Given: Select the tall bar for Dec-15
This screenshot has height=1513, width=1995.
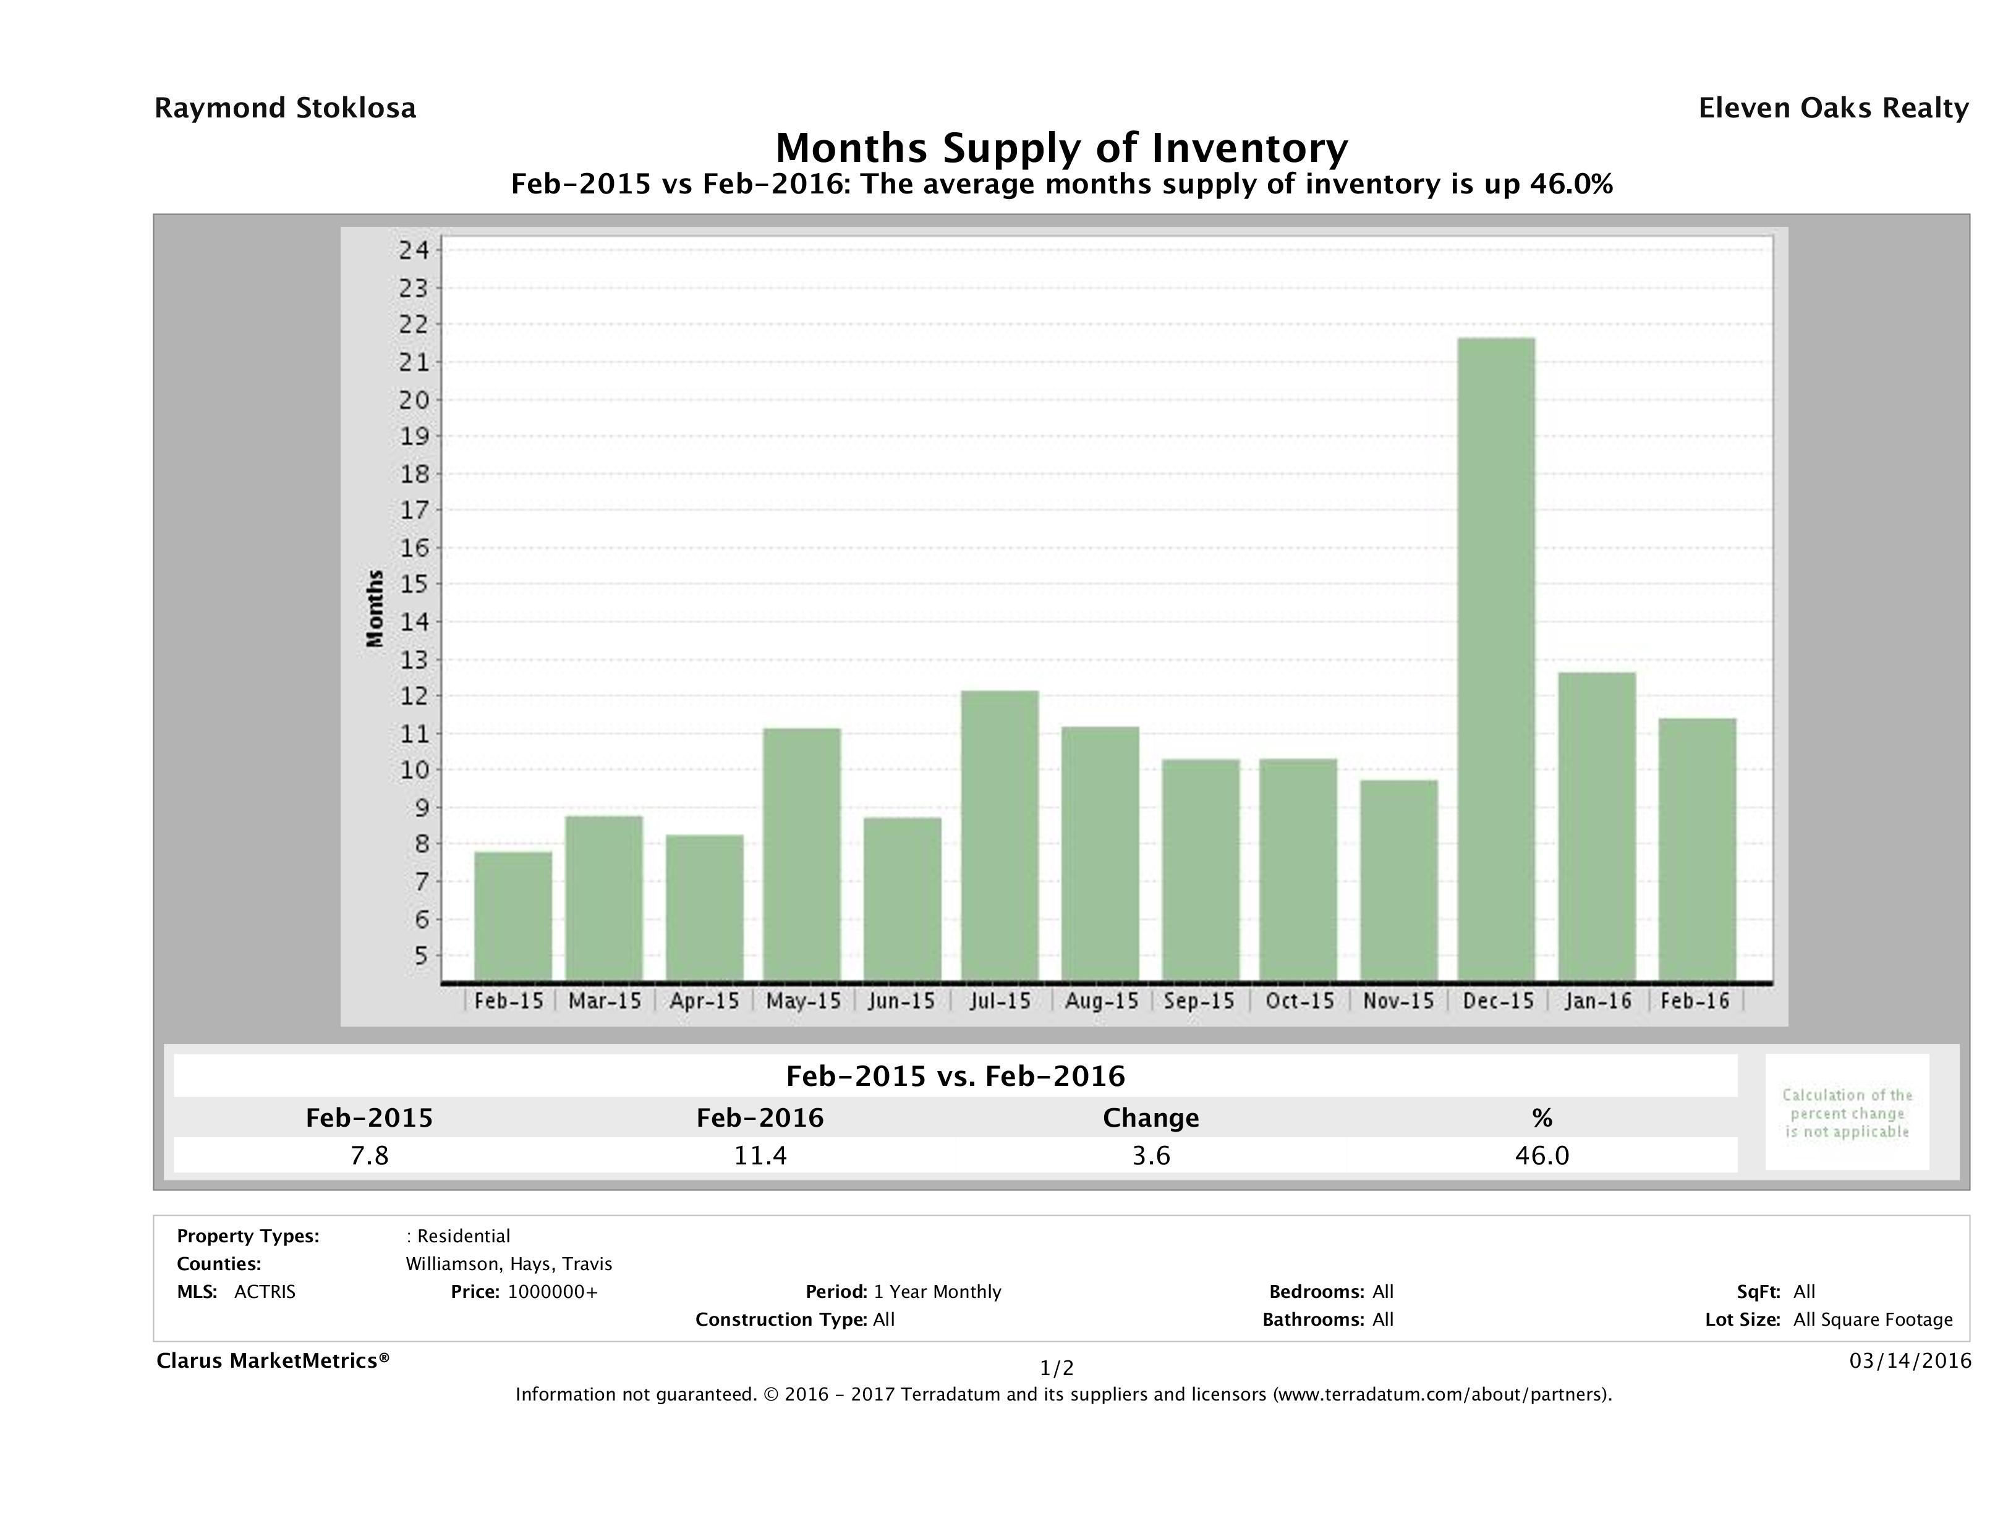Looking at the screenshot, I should tap(1495, 658).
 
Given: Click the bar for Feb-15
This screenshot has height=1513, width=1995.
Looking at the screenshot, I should tap(513, 915).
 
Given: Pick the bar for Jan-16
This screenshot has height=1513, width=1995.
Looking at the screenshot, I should tap(1596, 826).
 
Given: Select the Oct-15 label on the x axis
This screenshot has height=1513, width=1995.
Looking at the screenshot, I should tap(1299, 1001).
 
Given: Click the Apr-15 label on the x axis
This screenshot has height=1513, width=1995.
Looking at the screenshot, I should tap(704, 1001).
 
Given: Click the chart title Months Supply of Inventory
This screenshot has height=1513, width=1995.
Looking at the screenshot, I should tap(1061, 148).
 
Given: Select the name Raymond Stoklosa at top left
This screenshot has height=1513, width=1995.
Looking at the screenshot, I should tap(285, 108).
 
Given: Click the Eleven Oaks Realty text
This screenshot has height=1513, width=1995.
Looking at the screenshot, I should tap(1832, 108).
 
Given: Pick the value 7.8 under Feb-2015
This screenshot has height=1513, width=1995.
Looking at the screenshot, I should tap(369, 1155).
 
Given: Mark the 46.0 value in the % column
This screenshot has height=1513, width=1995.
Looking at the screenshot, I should tap(1541, 1155).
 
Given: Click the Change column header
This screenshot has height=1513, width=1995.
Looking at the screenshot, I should tap(1151, 1118).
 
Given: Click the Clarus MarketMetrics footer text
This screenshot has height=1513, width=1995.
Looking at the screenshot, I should tap(273, 1360).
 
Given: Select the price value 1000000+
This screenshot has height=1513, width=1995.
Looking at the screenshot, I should tap(552, 1291).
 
